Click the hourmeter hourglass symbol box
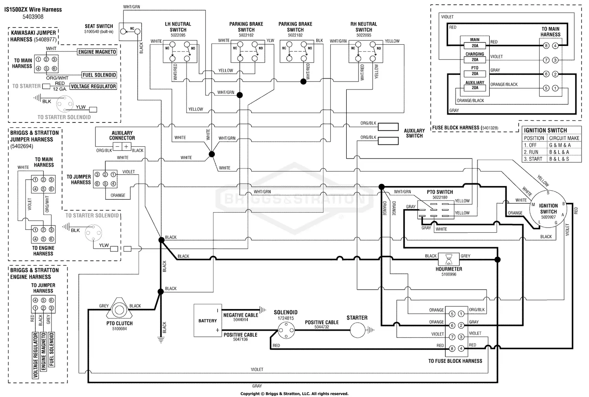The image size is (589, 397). [x=448, y=259]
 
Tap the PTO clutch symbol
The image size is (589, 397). [x=119, y=310]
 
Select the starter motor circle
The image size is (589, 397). [x=357, y=330]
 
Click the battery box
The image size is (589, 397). [x=207, y=321]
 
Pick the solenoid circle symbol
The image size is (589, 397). [x=286, y=330]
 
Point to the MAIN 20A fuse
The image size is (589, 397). [x=475, y=46]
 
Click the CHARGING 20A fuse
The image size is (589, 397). [x=475, y=60]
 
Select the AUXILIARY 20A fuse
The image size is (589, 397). [x=475, y=88]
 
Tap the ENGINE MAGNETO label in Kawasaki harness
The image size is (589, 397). [x=97, y=52]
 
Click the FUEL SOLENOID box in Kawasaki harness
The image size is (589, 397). [x=99, y=75]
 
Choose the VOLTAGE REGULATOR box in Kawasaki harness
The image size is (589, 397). [x=93, y=86]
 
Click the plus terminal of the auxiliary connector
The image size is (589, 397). [x=126, y=147]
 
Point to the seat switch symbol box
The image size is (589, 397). [x=130, y=32]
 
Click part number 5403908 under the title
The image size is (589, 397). [x=33, y=17]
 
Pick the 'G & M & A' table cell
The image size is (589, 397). [x=560, y=145]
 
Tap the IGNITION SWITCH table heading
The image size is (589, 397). [x=545, y=130]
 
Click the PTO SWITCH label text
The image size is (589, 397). [x=440, y=192]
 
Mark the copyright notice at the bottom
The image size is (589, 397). [x=294, y=393]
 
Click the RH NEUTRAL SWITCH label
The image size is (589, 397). [x=364, y=27]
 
